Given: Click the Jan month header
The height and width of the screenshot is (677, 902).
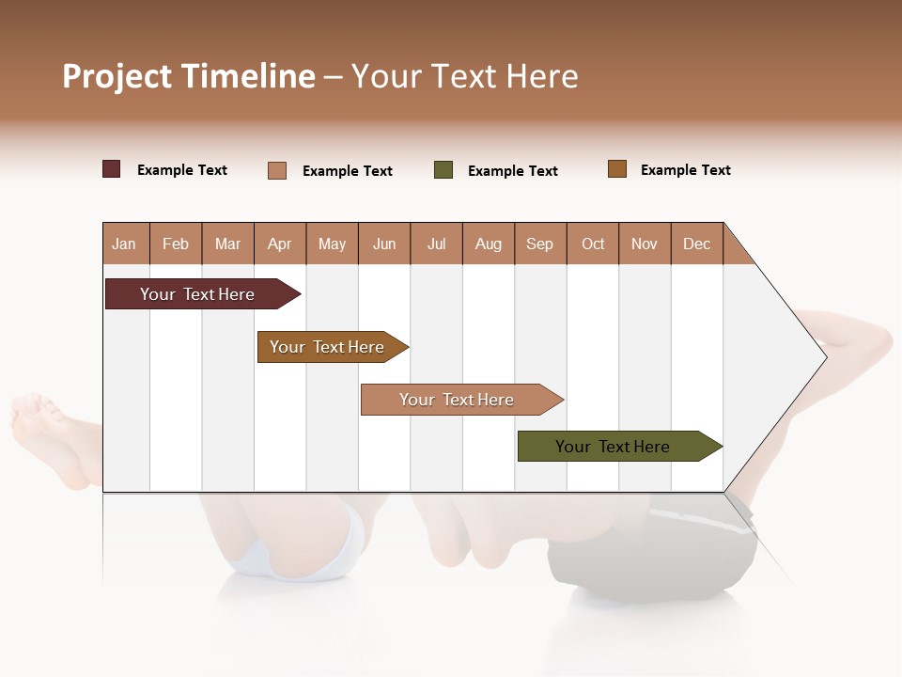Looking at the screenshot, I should (x=125, y=244).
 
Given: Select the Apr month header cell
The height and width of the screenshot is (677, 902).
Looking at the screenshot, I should (x=280, y=244).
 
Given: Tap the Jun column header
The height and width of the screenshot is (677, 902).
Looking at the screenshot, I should (x=384, y=244).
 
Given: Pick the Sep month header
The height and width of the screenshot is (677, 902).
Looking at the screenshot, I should (x=540, y=244).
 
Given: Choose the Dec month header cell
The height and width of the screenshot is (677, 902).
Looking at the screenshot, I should (x=697, y=244).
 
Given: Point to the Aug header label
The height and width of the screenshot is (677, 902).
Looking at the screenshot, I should (x=489, y=244).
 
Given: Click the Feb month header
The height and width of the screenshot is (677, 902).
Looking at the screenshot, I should (x=176, y=244).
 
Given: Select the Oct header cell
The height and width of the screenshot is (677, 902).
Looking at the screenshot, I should (x=593, y=244).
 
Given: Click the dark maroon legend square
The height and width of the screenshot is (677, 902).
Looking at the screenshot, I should (x=112, y=169).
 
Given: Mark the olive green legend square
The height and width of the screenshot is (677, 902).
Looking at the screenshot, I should (x=443, y=170).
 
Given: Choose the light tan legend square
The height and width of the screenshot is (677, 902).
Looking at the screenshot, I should (x=277, y=170).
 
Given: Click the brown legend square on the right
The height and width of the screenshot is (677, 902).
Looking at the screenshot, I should (x=617, y=169).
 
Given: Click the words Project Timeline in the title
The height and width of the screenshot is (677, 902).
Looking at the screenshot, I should (x=189, y=76).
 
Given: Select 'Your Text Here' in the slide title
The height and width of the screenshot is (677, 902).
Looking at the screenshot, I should (x=465, y=76).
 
